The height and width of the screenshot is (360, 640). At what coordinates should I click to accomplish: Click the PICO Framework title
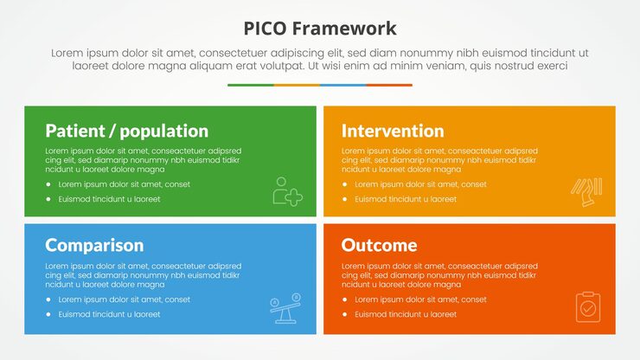coord(320,28)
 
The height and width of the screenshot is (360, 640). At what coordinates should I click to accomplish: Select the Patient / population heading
coord(126,131)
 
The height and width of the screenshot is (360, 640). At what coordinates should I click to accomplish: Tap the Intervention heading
coord(393,131)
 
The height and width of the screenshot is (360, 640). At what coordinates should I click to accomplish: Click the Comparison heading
coord(94,245)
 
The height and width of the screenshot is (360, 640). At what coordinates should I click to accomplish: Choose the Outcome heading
coord(379,245)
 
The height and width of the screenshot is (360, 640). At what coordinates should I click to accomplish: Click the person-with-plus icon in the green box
coord(287,191)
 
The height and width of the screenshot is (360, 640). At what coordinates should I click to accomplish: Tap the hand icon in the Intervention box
coord(586,191)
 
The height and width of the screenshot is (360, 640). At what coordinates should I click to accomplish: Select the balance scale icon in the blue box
coord(286,309)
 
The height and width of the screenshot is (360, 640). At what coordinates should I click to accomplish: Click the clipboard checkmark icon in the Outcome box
coord(587,306)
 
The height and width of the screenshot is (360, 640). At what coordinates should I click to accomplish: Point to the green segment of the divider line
coord(251,85)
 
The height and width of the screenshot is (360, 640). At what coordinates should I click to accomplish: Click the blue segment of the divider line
coord(342,85)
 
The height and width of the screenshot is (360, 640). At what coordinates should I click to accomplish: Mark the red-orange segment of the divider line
coord(389,85)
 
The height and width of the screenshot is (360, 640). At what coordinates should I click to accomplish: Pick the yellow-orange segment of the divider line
coord(297,85)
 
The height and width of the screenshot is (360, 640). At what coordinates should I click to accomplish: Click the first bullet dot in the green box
coord(48,184)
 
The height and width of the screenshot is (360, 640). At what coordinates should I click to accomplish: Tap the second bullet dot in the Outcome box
coord(345,314)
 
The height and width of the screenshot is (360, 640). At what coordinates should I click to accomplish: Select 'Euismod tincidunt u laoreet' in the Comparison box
coord(109,314)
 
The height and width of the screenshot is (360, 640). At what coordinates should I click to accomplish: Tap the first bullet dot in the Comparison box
coord(48,299)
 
